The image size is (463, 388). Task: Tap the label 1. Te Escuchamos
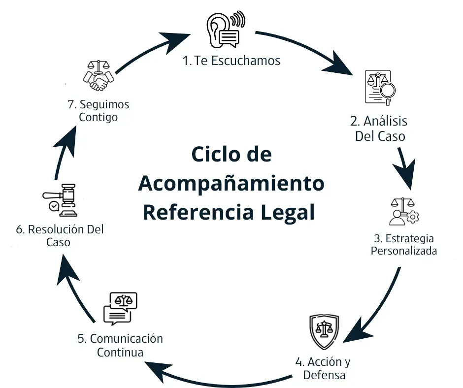pos(231,61)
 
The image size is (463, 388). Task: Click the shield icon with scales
pos(324,330)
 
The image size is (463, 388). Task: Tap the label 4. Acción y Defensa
pos(323,368)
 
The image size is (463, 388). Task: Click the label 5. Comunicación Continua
pos(120,345)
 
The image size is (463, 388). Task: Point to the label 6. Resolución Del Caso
pos(60,236)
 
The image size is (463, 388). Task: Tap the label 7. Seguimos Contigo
pos(98,111)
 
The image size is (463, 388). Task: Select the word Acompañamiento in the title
pos(231,184)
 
